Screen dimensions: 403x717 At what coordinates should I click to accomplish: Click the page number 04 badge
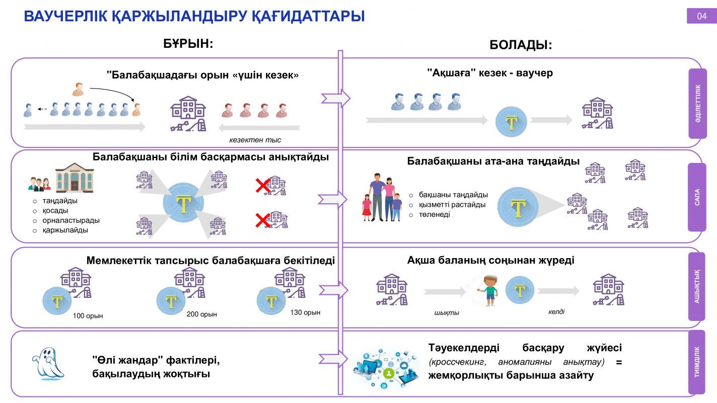(x=701, y=16)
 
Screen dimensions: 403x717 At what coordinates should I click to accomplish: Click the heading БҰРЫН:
(x=188, y=43)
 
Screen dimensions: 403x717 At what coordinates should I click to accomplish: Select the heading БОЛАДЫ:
(x=521, y=45)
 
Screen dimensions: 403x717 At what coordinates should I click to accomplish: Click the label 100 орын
(x=88, y=316)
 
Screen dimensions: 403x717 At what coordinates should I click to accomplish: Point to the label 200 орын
(x=201, y=314)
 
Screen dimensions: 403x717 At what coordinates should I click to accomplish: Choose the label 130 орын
(x=305, y=312)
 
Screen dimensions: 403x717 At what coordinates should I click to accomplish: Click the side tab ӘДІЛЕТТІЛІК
(x=697, y=104)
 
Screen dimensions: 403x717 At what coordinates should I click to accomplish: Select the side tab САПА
(x=697, y=197)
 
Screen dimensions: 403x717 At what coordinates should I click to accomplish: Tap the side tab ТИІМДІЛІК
(x=697, y=362)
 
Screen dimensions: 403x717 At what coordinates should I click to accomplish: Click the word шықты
(x=447, y=312)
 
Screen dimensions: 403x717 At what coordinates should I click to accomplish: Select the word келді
(x=556, y=311)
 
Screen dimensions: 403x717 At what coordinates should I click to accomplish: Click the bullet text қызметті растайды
(x=452, y=205)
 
